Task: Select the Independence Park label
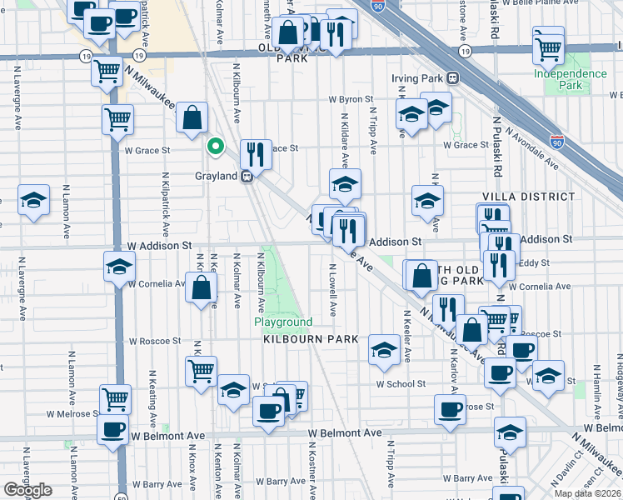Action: (x=571, y=79)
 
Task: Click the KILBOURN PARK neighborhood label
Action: (x=311, y=339)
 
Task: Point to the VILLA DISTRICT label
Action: (x=529, y=197)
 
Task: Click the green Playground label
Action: (x=283, y=322)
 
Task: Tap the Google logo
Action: (x=27, y=490)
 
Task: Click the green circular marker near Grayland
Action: (x=215, y=147)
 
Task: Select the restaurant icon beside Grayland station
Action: (x=256, y=153)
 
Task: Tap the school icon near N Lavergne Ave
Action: (x=33, y=200)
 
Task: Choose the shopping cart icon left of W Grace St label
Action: (x=117, y=118)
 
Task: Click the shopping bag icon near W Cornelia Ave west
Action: (x=202, y=288)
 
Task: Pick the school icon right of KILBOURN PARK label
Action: (x=384, y=349)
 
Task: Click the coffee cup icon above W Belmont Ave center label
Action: (x=268, y=411)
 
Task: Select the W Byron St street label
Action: (x=356, y=99)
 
